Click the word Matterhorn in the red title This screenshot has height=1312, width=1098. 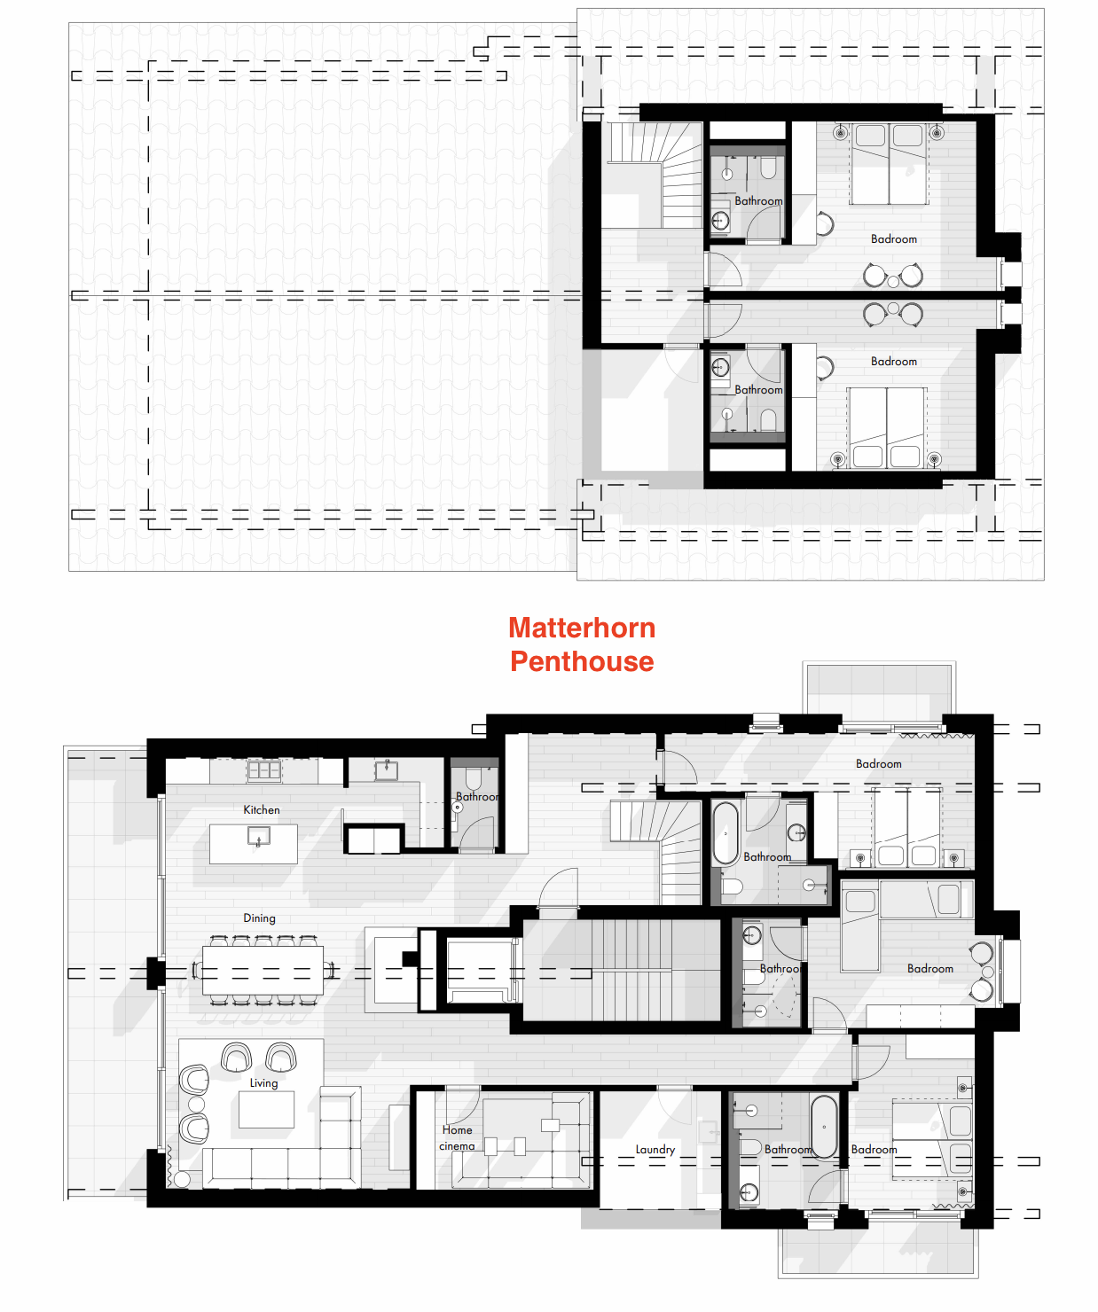(582, 628)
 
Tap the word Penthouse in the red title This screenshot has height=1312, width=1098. (582, 661)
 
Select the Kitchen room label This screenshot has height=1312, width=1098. (262, 809)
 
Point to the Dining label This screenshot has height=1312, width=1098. (260, 918)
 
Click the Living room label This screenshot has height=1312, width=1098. (263, 1082)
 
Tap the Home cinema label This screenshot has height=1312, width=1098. (458, 1137)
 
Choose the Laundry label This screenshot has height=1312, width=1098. (655, 1149)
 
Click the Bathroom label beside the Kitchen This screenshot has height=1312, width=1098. (477, 796)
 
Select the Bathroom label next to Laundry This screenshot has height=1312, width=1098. (788, 1149)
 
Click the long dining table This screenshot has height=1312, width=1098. (263, 970)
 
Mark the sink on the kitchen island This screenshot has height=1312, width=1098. (259, 836)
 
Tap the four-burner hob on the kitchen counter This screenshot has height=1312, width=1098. (263, 770)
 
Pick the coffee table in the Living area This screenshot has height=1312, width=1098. (266, 1109)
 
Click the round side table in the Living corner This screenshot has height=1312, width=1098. (182, 1179)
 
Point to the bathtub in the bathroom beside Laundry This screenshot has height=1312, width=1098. (824, 1127)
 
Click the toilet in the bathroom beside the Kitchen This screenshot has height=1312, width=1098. (472, 778)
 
